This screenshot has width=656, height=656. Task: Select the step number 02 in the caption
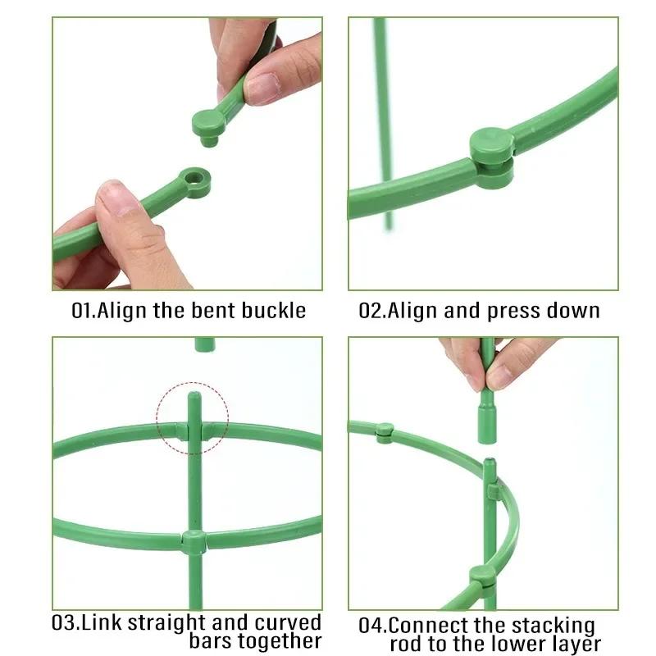(371, 312)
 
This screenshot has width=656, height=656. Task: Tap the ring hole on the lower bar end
(195, 177)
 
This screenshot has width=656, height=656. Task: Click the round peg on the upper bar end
(210, 125)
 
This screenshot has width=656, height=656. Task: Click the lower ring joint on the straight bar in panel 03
(194, 542)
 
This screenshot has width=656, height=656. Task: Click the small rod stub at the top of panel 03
(205, 344)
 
